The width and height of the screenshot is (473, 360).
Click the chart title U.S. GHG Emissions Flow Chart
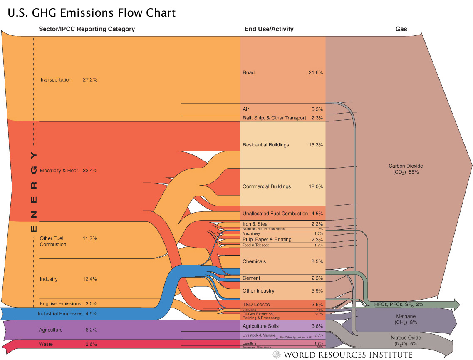click(x=92, y=13)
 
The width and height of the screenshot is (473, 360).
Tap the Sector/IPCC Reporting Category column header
click(x=87, y=29)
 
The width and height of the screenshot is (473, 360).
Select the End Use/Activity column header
click(x=269, y=29)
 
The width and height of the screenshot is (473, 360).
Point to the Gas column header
click(x=401, y=29)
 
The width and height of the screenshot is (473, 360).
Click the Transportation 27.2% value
click(x=90, y=80)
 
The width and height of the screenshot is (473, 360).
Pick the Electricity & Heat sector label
click(x=59, y=171)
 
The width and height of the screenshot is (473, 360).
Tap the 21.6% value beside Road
click(x=315, y=73)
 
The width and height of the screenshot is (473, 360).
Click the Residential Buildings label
click(x=265, y=145)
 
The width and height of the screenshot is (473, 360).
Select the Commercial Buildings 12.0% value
click(x=315, y=187)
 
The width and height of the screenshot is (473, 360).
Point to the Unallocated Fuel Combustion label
click(x=275, y=214)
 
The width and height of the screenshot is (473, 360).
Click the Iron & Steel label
click(x=255, y=224)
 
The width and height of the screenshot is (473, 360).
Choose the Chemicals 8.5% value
click(x=317, y=262)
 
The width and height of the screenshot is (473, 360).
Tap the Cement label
click(x=251, y=278)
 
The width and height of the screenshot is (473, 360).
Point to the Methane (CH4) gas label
click(x=405, y=319)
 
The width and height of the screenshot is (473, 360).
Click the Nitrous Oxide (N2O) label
click(x=405, y=340)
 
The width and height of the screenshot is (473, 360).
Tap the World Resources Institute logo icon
click(x=277, y=355)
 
